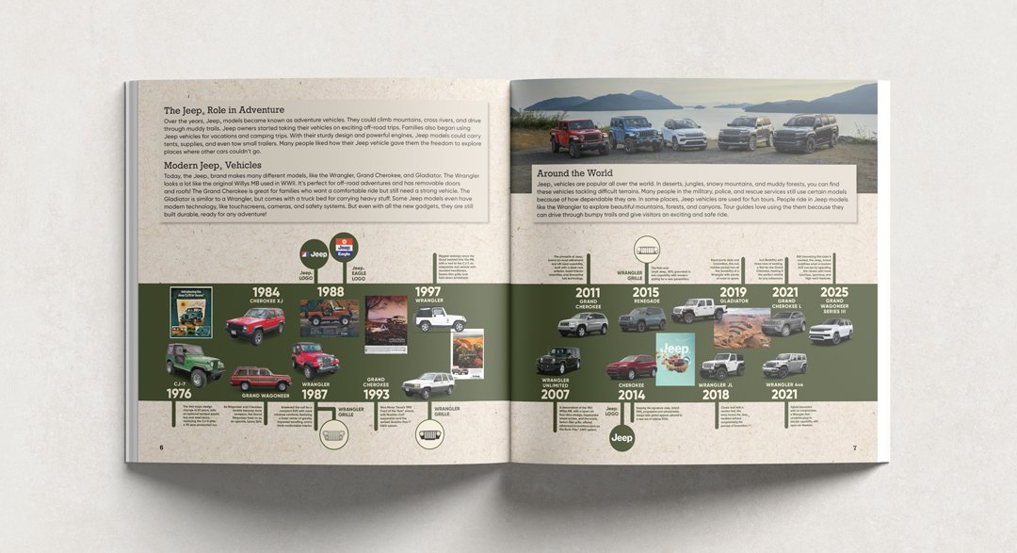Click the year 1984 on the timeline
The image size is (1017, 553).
[x=266, y=292]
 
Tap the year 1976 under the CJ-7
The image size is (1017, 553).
[x=179, y=392]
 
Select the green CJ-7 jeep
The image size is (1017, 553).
[x=194, y=363]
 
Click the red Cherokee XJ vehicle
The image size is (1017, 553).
[x=255, y=326]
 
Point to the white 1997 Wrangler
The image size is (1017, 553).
[x=440, y=318]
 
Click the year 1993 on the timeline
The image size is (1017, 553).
[x=376, y=396]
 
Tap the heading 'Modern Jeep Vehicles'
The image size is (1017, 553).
[x=211, y=165]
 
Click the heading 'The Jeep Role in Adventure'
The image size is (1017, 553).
[x=223, y=109]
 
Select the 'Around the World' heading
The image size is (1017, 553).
[x=574, y=173]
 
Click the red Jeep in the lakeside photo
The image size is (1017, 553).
[x=579, y=137]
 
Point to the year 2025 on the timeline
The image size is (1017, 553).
[x=833, y=292]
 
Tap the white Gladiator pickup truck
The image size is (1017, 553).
[x=699, y=310]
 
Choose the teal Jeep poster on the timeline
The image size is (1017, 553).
[x=674, y=359]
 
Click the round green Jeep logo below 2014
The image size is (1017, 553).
[x=621, y=437]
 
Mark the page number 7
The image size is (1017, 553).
[x=854, y=447]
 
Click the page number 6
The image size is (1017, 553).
[x=161, y=447]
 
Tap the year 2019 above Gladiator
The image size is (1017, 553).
[x=733, y=292]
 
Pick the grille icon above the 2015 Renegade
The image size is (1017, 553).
[x=647, y=250]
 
